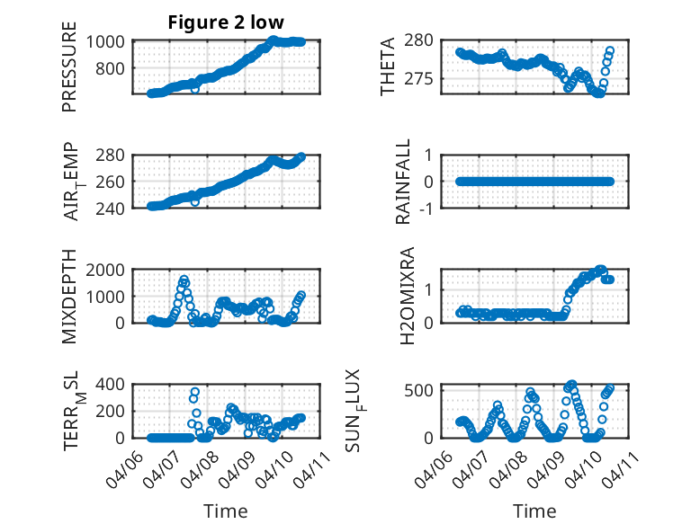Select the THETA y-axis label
[x=388, y=67]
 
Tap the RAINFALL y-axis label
[x=405, y=182]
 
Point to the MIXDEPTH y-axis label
[x=69, y=296]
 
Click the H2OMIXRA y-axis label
[x=405, y=296]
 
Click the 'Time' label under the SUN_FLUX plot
[x=534, y=511]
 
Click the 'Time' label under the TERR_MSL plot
[x=226, y=511]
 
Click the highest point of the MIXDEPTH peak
[x=184, y=280]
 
